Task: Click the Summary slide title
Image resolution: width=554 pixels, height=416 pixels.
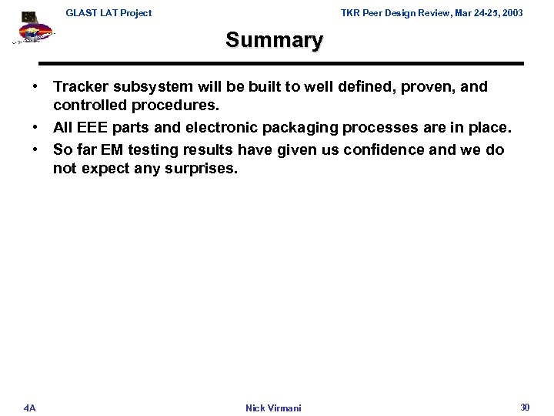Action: (275, 39)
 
